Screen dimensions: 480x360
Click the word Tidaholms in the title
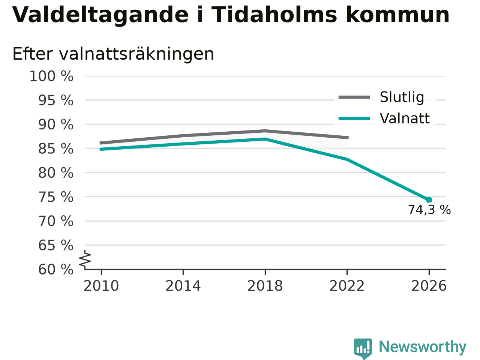[274, 15]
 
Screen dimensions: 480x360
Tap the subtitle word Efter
[33, 54]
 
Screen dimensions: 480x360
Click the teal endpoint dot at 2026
[429, 200]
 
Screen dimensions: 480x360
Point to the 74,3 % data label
[429, 210]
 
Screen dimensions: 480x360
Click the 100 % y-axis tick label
[51, 76]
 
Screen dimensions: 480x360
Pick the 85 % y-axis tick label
[56, 149]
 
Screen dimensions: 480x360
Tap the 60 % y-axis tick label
[56, 269]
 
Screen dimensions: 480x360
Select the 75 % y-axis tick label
[56, 197]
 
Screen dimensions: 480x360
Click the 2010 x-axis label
[101, 286]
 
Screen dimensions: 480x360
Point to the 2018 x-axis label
[265, 286]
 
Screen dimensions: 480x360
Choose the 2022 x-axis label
[347, 286]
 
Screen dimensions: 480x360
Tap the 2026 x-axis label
[429, 286]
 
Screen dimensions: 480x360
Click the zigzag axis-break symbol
[85, 259]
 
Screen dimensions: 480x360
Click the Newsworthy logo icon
[363, 348]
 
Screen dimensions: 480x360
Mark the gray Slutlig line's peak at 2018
[265, 131]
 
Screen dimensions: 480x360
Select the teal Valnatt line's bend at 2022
[347, 159]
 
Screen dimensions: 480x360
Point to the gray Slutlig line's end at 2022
[348, 138]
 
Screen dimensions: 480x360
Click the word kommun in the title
[397, 15]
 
